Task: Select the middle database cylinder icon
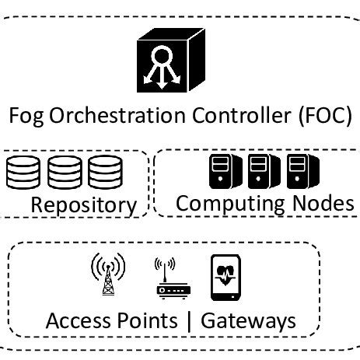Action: point(63,173)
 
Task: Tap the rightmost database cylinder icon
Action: point(102,173)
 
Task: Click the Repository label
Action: point(82,205)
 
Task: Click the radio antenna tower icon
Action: point(108,274)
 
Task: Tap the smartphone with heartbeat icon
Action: point(225,276)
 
